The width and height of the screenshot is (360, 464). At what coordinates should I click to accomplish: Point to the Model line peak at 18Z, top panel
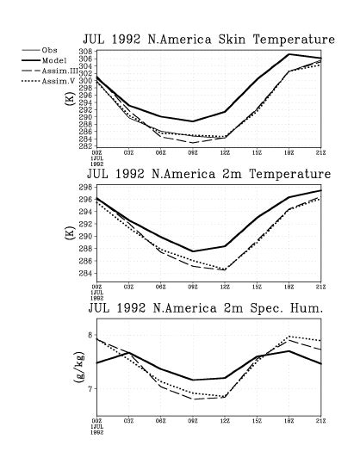click(289, 54)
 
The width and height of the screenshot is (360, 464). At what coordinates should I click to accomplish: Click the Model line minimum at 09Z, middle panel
click(193, 251)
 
